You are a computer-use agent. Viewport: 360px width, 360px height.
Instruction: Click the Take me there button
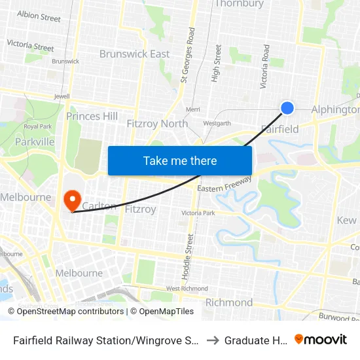[180, 160]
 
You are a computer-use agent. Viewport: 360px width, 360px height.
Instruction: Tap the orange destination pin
[71, 200]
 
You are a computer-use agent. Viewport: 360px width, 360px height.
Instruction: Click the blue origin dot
[287, 108]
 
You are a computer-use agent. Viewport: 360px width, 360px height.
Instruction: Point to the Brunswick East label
[134, 54]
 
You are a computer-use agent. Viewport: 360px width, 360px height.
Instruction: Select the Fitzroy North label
[157, 123]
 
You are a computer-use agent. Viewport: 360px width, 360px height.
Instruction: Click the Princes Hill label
[92, 117]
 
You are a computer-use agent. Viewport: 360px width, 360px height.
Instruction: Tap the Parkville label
[35, 141]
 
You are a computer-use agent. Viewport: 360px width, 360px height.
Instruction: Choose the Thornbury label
[239, 4]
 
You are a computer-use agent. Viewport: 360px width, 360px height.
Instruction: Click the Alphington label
[334, 109]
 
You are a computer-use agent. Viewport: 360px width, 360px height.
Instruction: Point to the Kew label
[346, 221]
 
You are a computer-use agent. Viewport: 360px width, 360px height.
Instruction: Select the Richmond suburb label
[229, 302]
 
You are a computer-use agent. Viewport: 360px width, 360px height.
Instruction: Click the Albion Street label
[39, 16]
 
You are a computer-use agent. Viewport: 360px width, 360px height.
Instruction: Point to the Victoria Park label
[198, 213]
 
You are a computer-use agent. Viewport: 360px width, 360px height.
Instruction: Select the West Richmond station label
[187, 288]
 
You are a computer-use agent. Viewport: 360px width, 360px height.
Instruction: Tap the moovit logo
[320, 340]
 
